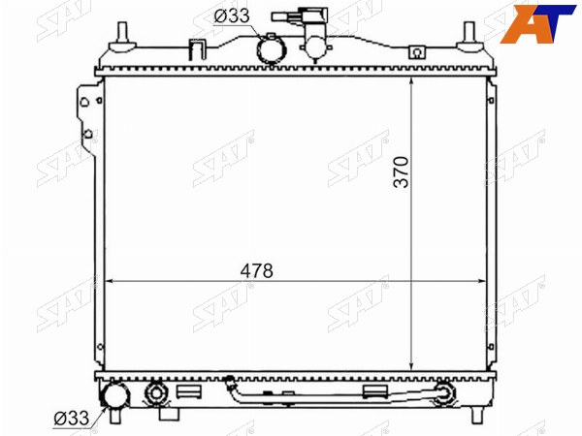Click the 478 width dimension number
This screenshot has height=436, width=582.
coord(256,271)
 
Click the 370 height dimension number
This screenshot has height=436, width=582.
coord(402,172)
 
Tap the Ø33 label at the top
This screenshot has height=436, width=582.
coord(232,16)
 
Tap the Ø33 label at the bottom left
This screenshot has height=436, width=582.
coord(72,419)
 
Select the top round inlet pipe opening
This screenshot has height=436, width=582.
coord(272,50)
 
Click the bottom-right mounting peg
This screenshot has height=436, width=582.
coord(477,416)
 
